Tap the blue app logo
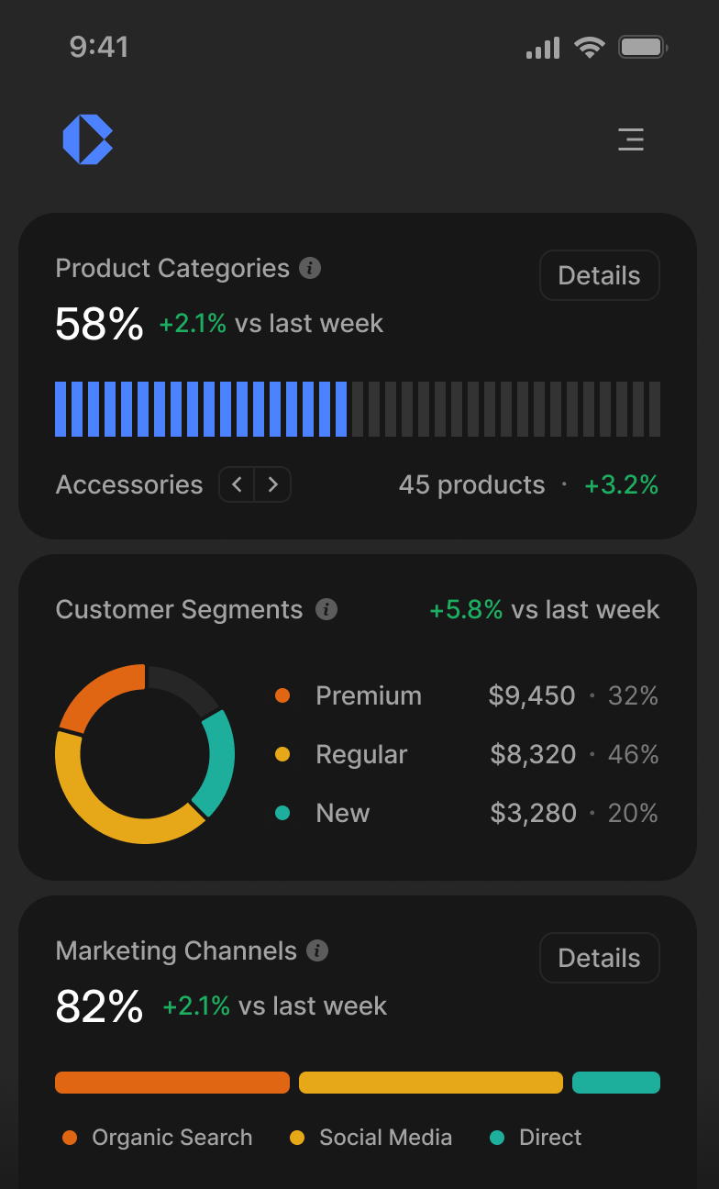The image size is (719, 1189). (x=87, y=139)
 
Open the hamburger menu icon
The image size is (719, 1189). (x=631, y=139)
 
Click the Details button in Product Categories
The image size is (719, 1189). (x=599, y=275)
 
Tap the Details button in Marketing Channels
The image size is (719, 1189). (x=599, y=958)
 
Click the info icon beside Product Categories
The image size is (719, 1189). (x=311, y=268)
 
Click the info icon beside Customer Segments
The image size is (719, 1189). (x=326, y=609)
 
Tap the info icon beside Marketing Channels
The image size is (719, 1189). (x=317, y=950)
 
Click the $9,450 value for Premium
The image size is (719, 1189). (x=532, y=695)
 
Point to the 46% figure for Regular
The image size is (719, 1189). (x=633, y=754)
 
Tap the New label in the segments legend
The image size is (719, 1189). (x=342, y=813)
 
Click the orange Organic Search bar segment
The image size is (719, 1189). (x=172, y=1083)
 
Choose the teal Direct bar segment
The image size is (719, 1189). (x=616, y=1083)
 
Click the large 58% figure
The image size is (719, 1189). (x=99, y=323)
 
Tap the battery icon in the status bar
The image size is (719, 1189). (x=642, y=47)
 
